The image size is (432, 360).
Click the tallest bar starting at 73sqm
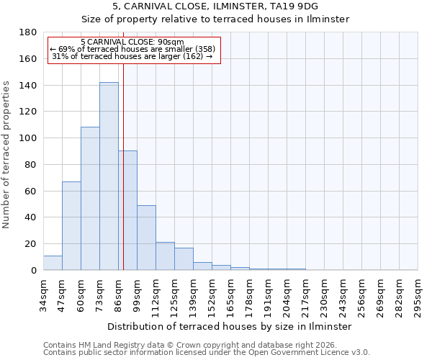[109, 176]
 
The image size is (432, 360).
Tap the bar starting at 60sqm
[90, 199]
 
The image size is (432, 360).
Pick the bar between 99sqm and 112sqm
[146, 238]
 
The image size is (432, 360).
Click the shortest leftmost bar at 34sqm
[53, 263]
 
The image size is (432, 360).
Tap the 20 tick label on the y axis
[32, 244]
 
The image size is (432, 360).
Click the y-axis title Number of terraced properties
[6, 154]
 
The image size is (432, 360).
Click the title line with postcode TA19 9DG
[215, 6]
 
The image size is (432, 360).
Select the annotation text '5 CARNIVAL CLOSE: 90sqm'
[132, 42]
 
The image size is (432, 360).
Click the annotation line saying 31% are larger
[132, 56]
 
